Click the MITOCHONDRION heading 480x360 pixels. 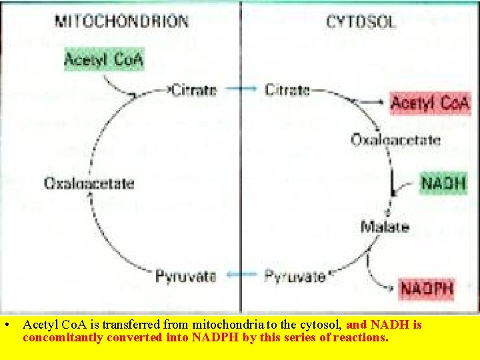pyautogui.click(x=121, y=21)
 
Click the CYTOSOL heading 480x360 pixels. pyautogui.click(x=361, y=21)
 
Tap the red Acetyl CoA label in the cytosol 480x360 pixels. pyautogui.click(x=430, y=104)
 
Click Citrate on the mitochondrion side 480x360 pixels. pyautogui.click(x=194, y=89)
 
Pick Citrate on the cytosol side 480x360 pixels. pyautogui.click(x=287, y=89)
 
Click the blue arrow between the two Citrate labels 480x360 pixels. pyautogui.click(x=241, y=89)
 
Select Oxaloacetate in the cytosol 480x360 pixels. pyautogui.click(x=395, y=140)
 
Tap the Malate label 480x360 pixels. pyautogui.click(x=385, y=227)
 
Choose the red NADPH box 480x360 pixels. pyautogui.click(x=427, y=289)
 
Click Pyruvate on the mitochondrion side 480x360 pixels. pyautogui.click(x=185, y=274)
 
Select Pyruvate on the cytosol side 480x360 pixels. pyautogui.click(x=295, y=274)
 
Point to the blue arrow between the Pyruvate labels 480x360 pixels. pyautogui.click(x=241, y=274)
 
